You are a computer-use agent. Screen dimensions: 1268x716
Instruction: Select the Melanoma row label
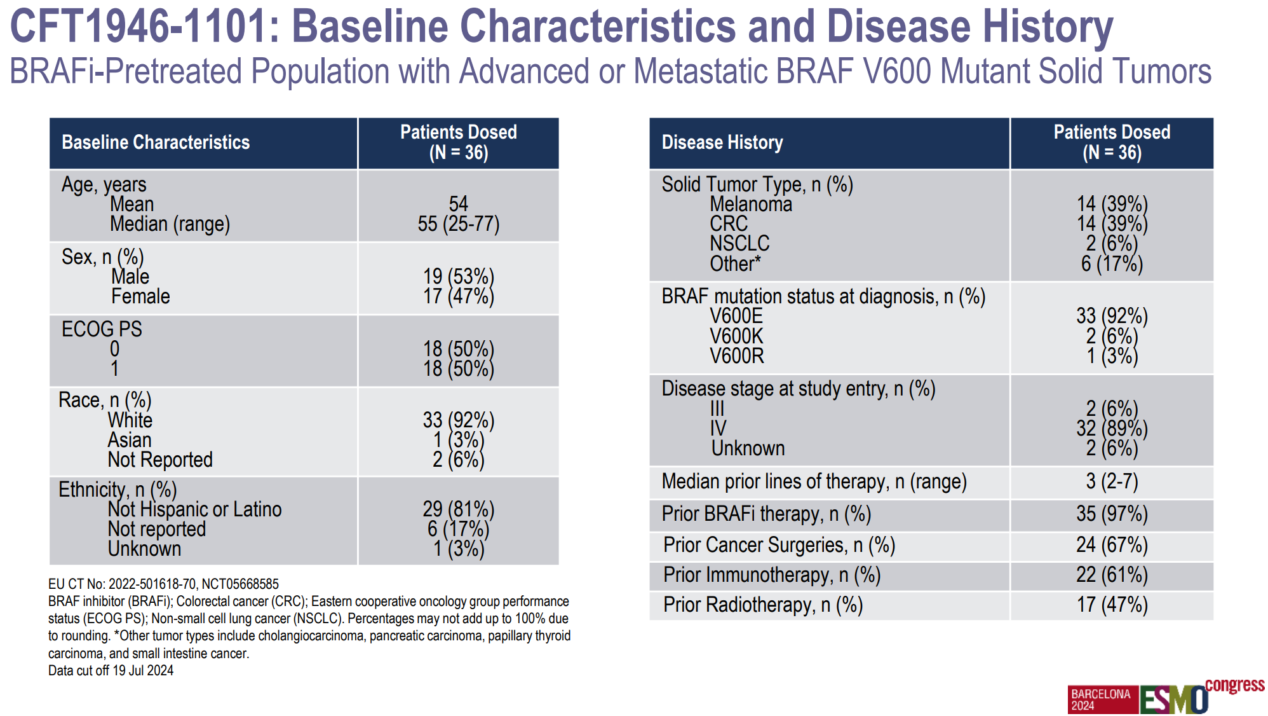[751, 204]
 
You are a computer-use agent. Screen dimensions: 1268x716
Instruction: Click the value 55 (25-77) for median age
[458, 224]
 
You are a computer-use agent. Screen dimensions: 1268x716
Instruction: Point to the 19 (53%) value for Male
[458, 277]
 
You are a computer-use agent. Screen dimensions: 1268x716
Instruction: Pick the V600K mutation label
[736, 336]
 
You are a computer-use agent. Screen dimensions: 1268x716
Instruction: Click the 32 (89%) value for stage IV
[1112, 429]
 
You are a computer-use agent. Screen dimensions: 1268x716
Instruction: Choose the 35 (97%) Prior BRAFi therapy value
[1112, 514]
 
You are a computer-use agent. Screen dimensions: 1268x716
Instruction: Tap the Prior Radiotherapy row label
[763, 605]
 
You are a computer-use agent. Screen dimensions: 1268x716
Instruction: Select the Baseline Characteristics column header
[156, 142]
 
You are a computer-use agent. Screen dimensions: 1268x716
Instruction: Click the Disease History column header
[722, 142]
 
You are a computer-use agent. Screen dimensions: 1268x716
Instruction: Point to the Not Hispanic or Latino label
[194, 509]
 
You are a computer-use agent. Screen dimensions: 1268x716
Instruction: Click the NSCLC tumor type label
[739, 244]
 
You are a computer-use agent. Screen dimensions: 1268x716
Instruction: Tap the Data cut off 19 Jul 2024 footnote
[111, 670]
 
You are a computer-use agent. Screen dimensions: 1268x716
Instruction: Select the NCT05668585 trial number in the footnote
[240, 584]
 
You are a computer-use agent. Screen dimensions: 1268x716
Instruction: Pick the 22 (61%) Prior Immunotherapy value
[1112, 575]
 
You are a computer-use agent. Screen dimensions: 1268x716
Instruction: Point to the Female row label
[140, 296]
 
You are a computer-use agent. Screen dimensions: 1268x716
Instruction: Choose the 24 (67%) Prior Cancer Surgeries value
[1112, 545]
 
